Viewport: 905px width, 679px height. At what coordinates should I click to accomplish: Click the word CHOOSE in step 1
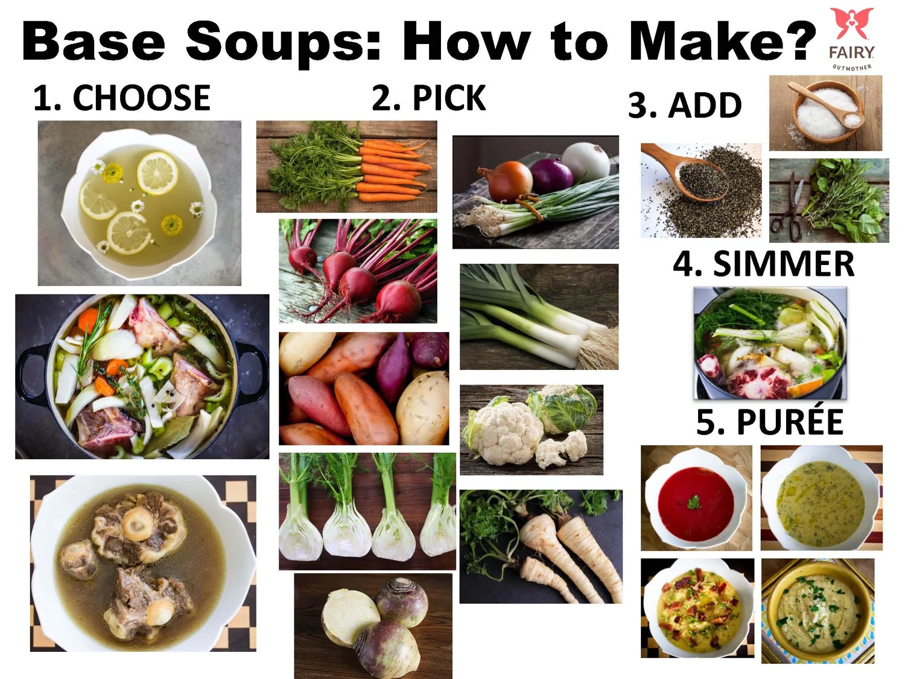click(141, 98)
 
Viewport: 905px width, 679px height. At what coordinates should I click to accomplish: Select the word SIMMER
click(783, 264)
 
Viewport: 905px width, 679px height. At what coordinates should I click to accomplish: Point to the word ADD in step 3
click(705, 106)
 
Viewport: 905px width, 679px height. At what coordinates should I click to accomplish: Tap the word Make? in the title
click(722, 41)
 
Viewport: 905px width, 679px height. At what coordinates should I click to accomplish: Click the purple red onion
click(552, 174)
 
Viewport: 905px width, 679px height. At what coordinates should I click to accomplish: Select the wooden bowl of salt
click(827, 112)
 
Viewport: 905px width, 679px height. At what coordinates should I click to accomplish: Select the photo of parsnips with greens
click(541, 546)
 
